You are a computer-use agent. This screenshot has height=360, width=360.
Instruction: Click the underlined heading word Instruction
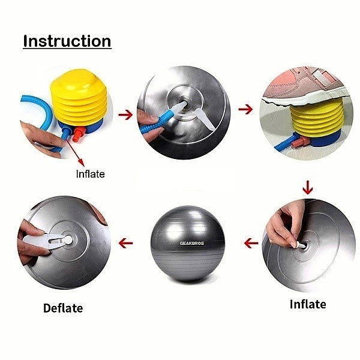point(67,41)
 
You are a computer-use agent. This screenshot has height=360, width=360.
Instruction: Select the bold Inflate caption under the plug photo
point(307,304)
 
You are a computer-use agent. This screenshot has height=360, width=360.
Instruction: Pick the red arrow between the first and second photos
point(125,112)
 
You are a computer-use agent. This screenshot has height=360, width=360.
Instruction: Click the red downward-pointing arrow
point(307,188)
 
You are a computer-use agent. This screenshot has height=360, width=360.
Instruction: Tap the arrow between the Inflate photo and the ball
point(250,243)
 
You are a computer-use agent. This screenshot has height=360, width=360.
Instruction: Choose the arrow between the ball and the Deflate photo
point(125,243)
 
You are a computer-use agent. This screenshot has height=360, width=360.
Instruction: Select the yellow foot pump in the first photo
point(81,96)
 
